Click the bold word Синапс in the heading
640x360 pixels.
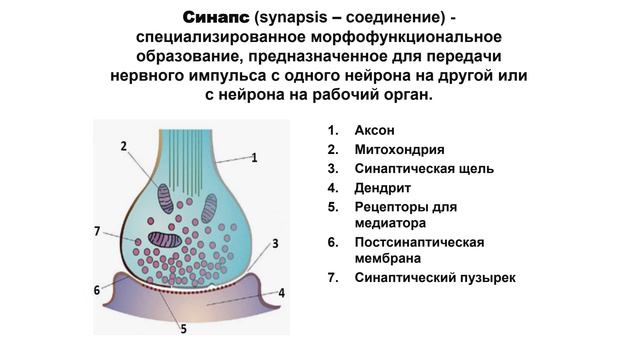click(216, 19)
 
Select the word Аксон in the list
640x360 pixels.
click(375, 131)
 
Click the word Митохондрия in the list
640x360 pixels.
click(399, 150)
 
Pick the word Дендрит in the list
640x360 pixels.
click(382, 187)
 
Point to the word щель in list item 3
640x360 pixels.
click(474, 168)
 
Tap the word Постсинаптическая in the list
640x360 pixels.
click(419, 242)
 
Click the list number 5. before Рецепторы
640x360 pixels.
click(333, 206)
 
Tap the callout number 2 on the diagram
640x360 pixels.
click(123, 146)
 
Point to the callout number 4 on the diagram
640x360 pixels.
click(282, 293)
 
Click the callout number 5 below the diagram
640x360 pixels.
click(183, 328)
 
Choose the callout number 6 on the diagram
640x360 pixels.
click(97, 290)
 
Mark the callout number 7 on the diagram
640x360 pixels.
click(97, 231)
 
